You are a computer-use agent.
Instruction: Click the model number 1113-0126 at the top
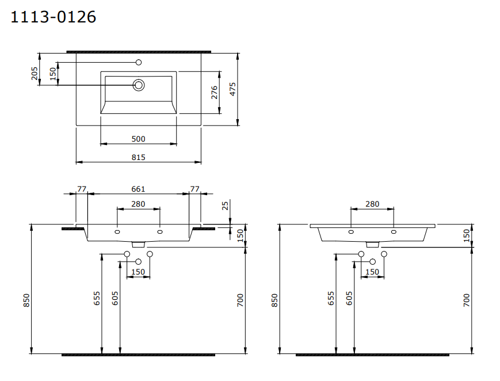click(x=54, y=17)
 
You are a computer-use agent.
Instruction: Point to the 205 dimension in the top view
click(x=34, y=73)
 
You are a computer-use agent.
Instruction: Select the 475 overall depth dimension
click(x=233, y=88)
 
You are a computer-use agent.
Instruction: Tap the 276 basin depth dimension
click(x=214, y=93)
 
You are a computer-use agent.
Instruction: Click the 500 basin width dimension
click(x=138, y=139)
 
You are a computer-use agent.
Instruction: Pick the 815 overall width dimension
click(x=138, y=157)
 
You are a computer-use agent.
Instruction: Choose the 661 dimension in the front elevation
click(x=138, y=189)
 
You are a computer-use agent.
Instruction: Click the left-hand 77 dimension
click(x=82, y=189)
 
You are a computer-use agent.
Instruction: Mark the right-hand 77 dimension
click(x=194, y=189)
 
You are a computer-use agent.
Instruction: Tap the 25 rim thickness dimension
click(x=225, y=205)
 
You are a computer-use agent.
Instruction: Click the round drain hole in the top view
click(x=139, y=86)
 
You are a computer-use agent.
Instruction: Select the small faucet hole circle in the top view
click(x=138, y=62)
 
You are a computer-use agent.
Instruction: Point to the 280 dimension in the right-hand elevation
click(x=372, y=204)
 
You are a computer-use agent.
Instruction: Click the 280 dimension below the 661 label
click(x=138, y=204)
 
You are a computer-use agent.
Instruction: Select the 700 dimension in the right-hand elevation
click(x=467, y=300)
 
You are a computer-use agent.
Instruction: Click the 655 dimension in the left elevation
click(x=97, y=298)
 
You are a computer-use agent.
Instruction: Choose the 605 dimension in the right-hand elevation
click(x=349, y=298)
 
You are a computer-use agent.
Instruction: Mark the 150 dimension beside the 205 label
click(x=52, y=74)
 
